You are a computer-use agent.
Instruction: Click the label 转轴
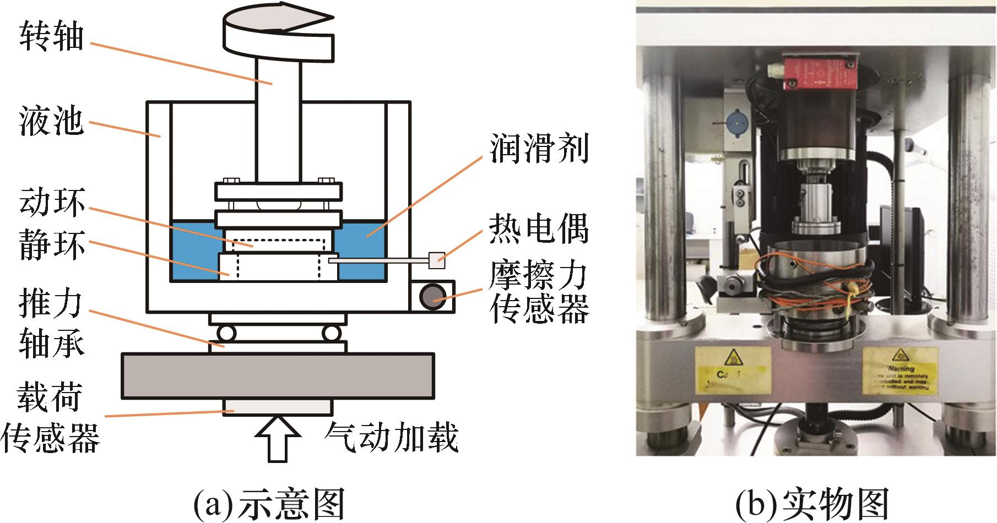pyautogui.click(x=52, y=37)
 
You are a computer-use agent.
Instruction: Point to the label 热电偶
pyautogui.click(x=539, y=228)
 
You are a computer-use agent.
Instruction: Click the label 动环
pyautogui.click(x=52, y=203)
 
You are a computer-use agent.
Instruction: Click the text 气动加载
pyautogui.click(x=392, y=438)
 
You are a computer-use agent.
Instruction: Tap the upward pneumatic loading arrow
pyautogui.click(x=278, y=438)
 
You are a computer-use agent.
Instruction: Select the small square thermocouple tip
pyautogui.click(x=436, y=259)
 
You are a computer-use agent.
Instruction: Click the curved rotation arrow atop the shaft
pyautogui.click(x=279, y=34)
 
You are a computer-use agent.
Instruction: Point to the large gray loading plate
pyautogui.click(x=278, y=376)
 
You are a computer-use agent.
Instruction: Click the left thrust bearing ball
pyautogui.click(x=226, y=333)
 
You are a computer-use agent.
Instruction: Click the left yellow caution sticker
pyautogui.click(x=727, y=369)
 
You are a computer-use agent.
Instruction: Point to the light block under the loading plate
pyautogui.click(x=278, y=406)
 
